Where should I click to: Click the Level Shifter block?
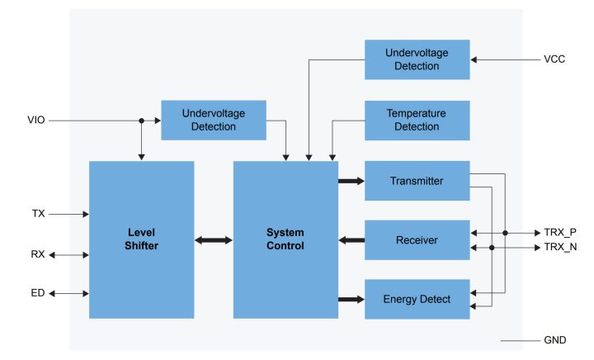(141, 239)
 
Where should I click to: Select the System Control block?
(285, 239)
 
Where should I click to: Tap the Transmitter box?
(417, 181)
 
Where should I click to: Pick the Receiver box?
(417, 240)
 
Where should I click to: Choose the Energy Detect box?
(417, 299)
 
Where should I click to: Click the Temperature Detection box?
(417, 121)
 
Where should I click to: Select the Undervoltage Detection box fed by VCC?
(417, 59)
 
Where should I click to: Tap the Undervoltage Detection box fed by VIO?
(213, 121)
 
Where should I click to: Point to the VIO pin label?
(36, 121)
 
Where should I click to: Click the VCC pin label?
(554, 59)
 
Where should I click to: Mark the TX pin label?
(38, 214)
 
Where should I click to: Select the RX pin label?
(38, 255)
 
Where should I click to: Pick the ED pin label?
(38, 293)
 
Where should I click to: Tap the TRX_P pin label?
(560, 233)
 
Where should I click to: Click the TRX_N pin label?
(560, 247)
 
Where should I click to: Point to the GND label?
(555, 340)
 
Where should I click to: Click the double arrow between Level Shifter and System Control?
(214, 240)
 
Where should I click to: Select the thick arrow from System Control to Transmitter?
(351, 181)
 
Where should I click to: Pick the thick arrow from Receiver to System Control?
(351, 240)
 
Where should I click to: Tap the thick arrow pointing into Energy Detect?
(351, 299)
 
